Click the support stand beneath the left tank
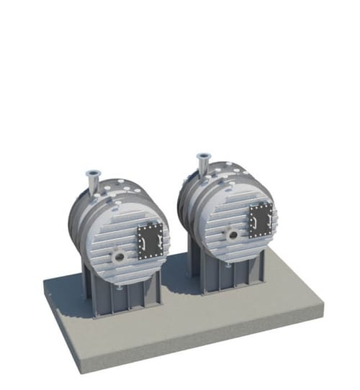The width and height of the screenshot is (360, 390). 122,295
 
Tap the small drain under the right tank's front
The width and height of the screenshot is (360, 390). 230,266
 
